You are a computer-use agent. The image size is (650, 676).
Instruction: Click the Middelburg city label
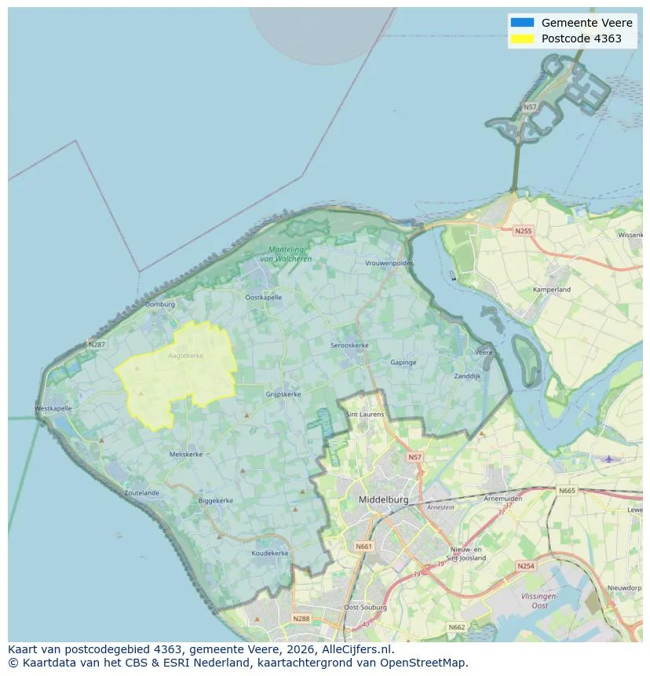click(x=383, y=499)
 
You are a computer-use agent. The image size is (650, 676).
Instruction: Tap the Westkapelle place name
click(x=53, y=408)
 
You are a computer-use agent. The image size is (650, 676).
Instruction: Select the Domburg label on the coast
click(x=159, y=304)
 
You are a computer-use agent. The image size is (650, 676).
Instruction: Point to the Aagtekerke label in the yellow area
click(x=185, y=356)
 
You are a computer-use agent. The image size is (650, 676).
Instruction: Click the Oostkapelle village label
click(x=263, y=298)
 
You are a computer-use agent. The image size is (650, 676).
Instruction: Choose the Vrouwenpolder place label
click(x=389, y=264)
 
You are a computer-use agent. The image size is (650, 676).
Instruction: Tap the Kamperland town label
click(x=552, y=290)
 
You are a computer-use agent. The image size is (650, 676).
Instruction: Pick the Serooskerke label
click(x=349, y=345)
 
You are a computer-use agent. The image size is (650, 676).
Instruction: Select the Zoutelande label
click(x=141, y=493)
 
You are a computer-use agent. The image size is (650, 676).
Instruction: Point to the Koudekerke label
click(x=270, y=553)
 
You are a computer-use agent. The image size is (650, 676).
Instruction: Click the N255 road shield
click(x=523, y=231)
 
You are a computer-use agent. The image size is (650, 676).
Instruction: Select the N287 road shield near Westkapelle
click(x=97, y=344)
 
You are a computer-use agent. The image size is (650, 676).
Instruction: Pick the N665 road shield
click(x=566, y=491)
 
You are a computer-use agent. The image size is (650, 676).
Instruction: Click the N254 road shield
click(x=525, y=565)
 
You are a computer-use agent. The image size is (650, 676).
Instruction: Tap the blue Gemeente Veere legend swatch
click(x=521, y=23)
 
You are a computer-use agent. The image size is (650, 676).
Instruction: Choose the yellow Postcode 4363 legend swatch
click(x=521, y=38)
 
